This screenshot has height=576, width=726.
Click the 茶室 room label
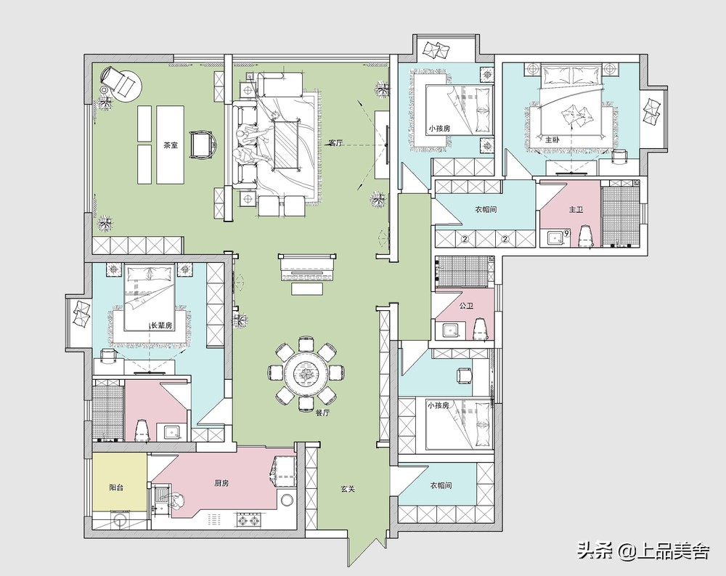click(171, 145)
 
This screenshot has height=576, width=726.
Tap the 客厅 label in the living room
click(335, 143)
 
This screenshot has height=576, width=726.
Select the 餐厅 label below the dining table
click(322, 413)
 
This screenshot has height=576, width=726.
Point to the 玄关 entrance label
click(348, 488)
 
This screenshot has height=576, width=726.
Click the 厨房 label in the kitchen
click(221, 483)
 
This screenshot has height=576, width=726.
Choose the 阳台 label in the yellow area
click(115, 487)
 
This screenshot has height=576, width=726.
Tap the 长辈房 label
click(162, 325)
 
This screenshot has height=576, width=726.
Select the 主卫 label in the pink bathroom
click(576, 209)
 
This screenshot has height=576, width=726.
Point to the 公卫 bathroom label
click(466, 306)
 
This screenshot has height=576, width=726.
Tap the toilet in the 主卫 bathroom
click(586, 236)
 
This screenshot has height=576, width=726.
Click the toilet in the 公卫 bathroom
click(481, 329)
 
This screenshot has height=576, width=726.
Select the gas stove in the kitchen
click(248, 520)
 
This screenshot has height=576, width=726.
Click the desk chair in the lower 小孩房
click(464, 375)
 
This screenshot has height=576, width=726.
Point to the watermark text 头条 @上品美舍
click(643, 551)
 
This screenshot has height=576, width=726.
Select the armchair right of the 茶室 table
click(204, 145)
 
